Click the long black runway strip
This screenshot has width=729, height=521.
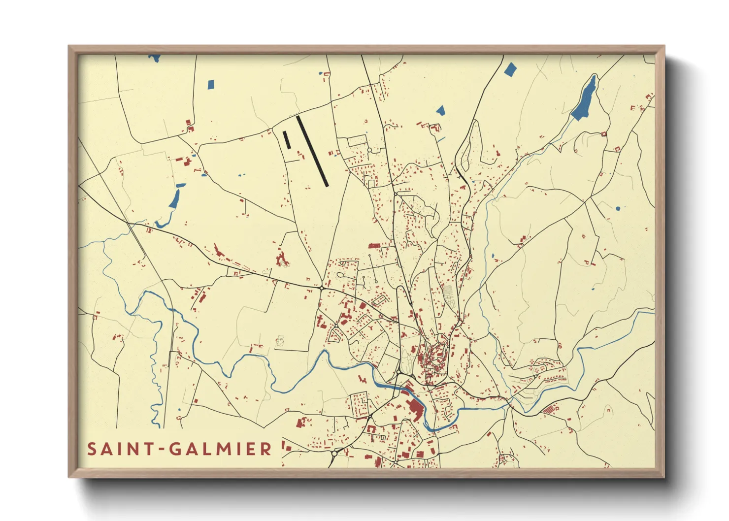point(312,151)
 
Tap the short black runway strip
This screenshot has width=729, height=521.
point(286,139)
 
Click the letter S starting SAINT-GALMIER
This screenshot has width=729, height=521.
point(92,449)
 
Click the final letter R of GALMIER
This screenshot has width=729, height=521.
point(266,449)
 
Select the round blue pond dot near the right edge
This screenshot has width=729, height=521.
point(618,209)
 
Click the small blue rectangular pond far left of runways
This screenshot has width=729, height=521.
point(211,84)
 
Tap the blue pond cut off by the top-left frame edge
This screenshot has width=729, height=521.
point(155,58)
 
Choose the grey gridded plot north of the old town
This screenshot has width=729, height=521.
point(449,294)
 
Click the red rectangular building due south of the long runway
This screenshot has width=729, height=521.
point(374,245)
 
